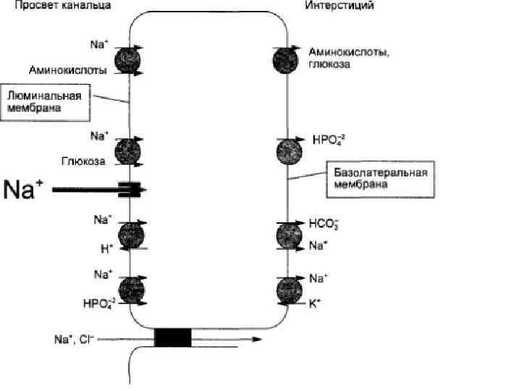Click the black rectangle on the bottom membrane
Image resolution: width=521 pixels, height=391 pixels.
tap(173, 338)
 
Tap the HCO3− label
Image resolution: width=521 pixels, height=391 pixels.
tap(323, 225)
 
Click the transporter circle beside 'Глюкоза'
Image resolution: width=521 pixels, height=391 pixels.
tap(132, 152)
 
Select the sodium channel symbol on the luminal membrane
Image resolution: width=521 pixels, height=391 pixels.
tap(133, 190)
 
